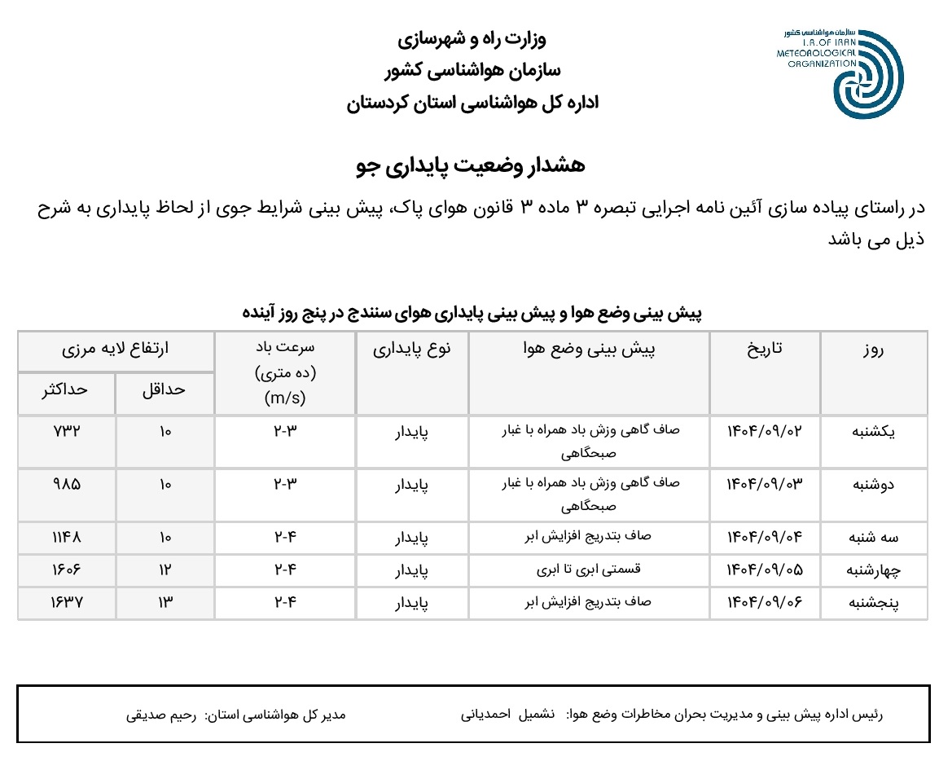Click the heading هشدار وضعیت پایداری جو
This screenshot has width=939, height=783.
[471, 165]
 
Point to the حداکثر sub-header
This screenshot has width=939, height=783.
[66, 389]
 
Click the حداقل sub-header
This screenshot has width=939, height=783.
[165, 389]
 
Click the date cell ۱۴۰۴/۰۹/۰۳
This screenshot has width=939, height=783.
[765, 484]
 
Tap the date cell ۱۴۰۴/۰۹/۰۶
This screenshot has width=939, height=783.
[765, 603]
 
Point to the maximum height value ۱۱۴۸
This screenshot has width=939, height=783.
[66, 538]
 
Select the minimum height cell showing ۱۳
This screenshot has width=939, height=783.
[165, 603]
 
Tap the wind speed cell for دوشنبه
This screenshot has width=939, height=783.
[285, 484]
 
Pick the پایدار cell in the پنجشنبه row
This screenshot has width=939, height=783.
[411, 604]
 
